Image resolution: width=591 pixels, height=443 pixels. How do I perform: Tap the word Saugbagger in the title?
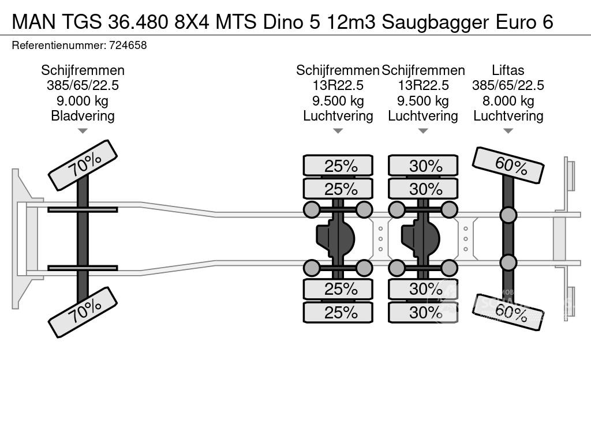click(x=433, y=22)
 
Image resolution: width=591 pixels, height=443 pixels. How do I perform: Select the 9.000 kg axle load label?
click(x=83, y=101)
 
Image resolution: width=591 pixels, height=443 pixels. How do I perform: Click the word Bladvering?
click(x=83, y=116)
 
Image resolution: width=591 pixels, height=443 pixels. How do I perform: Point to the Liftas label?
click(x=508, y=70)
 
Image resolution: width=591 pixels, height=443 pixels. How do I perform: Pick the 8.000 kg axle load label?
click(x=508, y=101)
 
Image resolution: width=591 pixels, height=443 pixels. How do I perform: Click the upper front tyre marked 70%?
click(x=83, y=164)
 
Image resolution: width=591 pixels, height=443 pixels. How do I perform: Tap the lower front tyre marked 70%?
click(x=83, y=312)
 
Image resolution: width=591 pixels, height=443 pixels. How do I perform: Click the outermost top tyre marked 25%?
click(x=338, y=166)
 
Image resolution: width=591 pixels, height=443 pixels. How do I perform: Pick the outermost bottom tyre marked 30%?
click(x=423, y=312)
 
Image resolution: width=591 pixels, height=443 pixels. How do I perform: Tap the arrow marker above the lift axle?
click(x=508, y=131)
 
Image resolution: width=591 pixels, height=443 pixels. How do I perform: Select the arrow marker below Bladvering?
click(x=83, y=131)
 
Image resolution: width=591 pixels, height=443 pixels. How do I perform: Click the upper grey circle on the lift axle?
click(x=508, y=215)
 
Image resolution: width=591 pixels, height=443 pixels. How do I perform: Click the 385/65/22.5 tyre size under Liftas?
click(x=508, y=86)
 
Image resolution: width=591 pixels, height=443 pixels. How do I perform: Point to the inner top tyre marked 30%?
click(x=423, y=189)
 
